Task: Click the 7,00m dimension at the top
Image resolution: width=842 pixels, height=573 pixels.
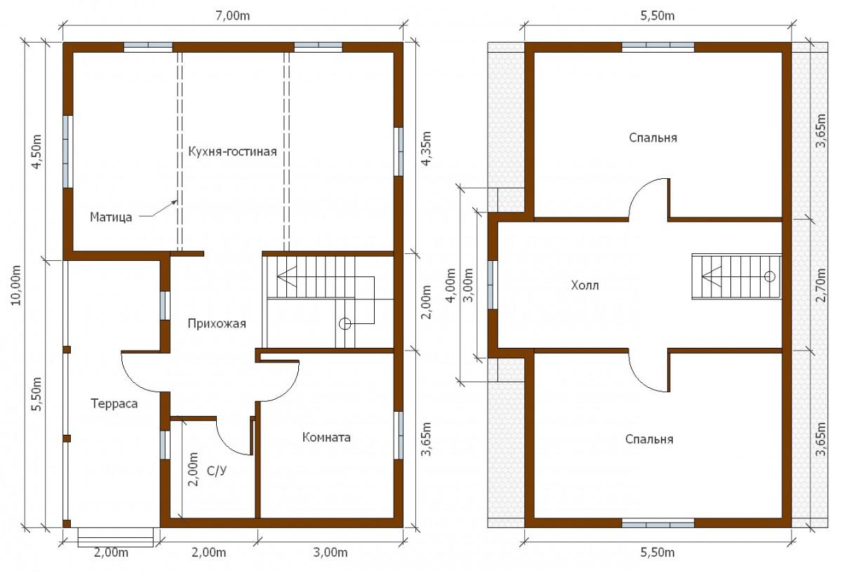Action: (x=233, y=16)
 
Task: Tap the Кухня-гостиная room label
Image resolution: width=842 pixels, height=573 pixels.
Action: (x=232, y=151)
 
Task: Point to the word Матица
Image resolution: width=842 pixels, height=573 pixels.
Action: (x=111, y=217)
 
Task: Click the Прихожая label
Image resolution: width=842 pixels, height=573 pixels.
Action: (x=217, y=323)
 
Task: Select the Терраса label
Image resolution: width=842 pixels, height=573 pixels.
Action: (x=114, y=403)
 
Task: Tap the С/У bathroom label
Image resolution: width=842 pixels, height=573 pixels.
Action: (x=217, y=471)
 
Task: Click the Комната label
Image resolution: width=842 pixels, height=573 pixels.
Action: (x=326, y=438)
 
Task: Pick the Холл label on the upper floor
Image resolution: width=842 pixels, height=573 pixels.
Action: (x=585, y=285)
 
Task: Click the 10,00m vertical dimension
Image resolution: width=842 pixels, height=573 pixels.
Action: (x=16, y=285)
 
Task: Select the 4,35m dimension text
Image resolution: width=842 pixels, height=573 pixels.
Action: (x=427, y=148)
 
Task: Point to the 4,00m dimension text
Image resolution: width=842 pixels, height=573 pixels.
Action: (x=450, y=285)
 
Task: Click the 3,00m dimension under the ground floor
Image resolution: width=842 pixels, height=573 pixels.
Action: (x=330, y=553)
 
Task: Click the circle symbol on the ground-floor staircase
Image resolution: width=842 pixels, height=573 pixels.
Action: (x=345, y=323)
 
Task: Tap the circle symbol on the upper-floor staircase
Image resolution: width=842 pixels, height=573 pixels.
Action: (x=770, y=276)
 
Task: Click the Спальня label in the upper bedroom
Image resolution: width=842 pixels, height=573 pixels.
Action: (x=653, y=138)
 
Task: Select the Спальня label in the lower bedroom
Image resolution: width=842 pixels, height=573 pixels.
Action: (x=649, y=439)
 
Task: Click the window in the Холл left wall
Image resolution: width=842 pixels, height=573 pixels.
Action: (x=493, y=285)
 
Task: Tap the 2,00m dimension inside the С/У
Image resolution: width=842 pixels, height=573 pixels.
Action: (x=193, y=469)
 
